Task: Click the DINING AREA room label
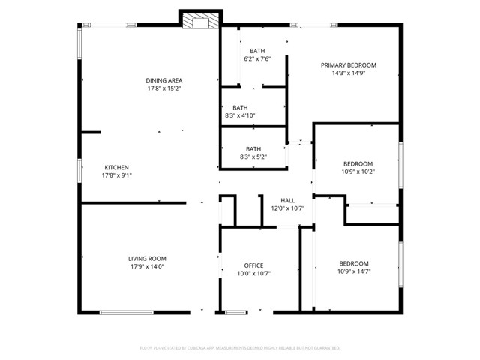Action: click(163, 80)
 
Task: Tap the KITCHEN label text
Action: click(116, 167)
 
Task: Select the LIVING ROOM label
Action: click(146, 258)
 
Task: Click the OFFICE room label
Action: click(253, 265)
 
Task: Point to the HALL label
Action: click(287, 200)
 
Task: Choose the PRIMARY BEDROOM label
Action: click(348, 65)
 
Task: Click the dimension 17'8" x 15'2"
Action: click(163, 88)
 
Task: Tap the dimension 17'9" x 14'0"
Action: click(146, 266)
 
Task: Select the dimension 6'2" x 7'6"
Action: click(257, 58)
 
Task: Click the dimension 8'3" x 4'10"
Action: click(240, 115)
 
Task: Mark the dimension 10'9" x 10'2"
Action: click(358, 172)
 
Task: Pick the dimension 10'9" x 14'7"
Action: click(353, 271)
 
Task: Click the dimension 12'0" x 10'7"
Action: click(287, 208)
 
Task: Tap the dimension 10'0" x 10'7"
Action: click(253, 274)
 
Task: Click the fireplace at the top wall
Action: click(200, 21)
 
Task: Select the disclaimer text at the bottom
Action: click(239, 348)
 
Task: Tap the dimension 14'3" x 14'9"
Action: click(348, 73)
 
